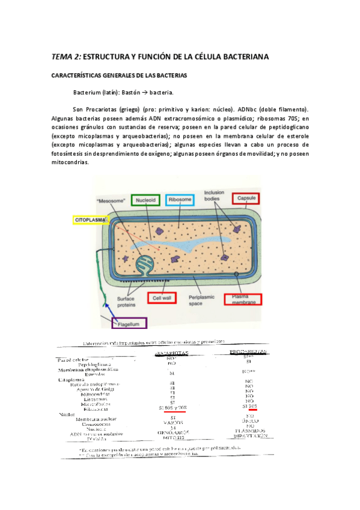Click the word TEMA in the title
61,57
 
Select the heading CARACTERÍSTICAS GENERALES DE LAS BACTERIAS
120,76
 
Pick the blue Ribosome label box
180,199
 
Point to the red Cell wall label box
163,297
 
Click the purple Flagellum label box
128,324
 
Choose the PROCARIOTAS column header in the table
248,351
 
